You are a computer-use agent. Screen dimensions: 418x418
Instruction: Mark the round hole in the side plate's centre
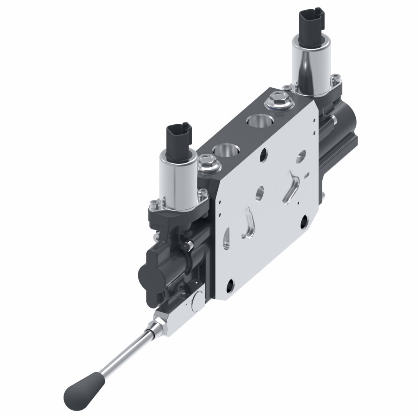[260, 193]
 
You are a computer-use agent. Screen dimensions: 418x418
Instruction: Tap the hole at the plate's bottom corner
[230, 286]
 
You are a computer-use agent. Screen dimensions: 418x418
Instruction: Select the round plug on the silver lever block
[196, 304]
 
